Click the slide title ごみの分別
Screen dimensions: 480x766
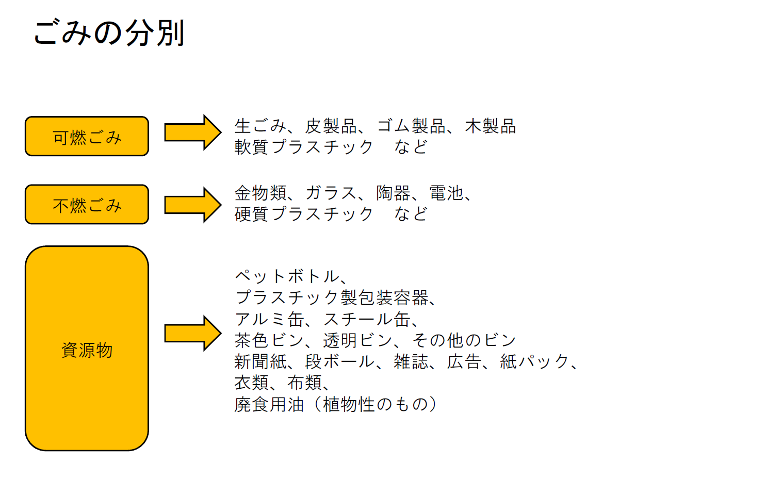pos(109,32)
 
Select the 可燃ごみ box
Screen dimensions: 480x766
pos(87,137)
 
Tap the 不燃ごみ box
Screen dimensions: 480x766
pos(87,205)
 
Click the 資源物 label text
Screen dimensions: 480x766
pos(87,350)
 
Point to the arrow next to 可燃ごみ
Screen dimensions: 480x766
pos(192,133)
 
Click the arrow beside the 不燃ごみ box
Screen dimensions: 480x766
pos(192,205)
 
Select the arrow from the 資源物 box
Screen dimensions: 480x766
pos(192,333)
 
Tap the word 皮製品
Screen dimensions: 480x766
pos(331,126)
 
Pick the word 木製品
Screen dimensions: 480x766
pos(490,126)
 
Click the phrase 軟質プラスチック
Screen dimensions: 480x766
pos(303,147)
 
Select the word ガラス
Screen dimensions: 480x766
pos(331,193)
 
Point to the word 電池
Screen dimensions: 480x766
pos(446,193)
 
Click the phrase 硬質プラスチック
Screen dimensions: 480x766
pos(303,213)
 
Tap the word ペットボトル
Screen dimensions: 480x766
pos(287,276)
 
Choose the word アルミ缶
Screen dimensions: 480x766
pos(269,319)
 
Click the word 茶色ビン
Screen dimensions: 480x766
pos(269,340)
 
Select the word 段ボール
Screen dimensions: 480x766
pos(339,361)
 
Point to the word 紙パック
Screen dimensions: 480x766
pos(534,361)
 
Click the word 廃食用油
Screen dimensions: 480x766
pos(269,404)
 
